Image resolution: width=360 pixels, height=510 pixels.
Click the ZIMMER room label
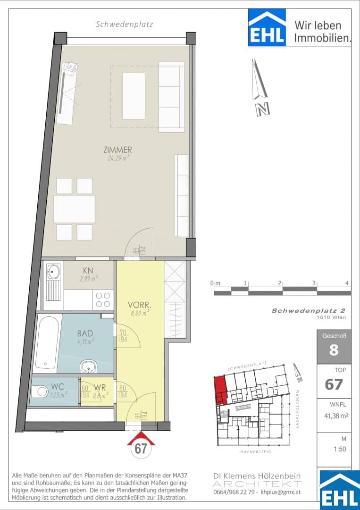point(117,150)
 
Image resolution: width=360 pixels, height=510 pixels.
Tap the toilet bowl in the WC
point(40,391)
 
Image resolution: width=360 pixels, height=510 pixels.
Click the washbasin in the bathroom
point(88,366)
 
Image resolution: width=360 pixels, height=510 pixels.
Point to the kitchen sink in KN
point(53,271)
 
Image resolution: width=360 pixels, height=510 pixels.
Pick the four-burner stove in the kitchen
point(103,299)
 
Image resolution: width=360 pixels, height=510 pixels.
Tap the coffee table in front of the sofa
point(134,95)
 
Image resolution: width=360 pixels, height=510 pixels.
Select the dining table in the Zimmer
point(75,209)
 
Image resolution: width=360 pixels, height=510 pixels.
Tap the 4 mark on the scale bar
point(347,283)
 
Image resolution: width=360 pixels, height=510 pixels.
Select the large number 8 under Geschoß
point(334,350)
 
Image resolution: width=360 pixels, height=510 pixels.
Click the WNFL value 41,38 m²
point(334,415)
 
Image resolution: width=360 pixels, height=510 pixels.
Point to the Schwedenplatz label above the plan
point(125,25)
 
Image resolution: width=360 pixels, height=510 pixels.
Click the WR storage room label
point(100,387)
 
